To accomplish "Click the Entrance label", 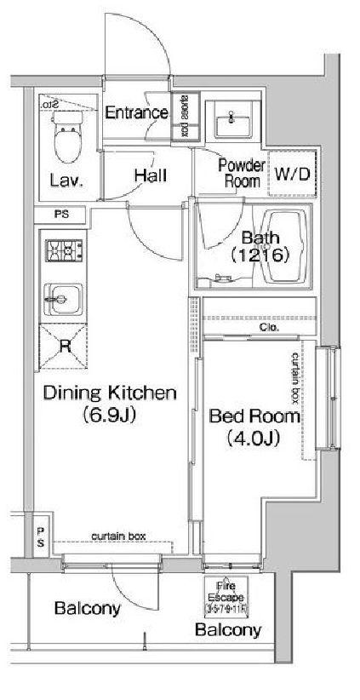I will point(136,112).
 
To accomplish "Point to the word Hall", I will point(149,175).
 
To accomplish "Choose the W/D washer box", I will point(292,174).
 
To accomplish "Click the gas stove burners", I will point(63,251).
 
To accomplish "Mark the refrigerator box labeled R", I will point(64,346).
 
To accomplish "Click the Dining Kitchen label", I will point(108,393).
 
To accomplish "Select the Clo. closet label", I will point(267,326).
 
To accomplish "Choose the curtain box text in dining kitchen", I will point(119,536).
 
